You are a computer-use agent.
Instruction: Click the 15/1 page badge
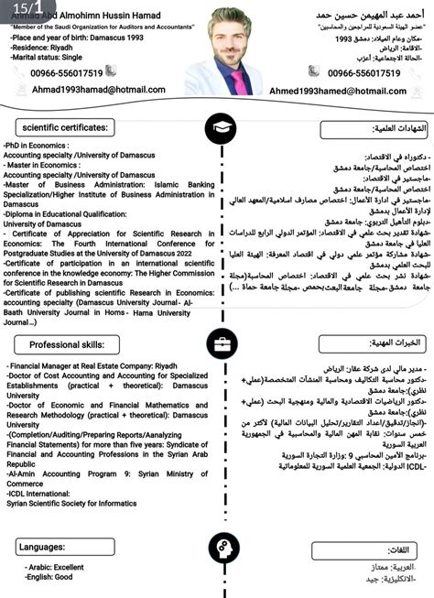tap(22, 8)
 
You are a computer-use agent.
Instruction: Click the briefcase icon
tap(221, 345)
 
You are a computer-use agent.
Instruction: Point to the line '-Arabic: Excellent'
tap(54, 568)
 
